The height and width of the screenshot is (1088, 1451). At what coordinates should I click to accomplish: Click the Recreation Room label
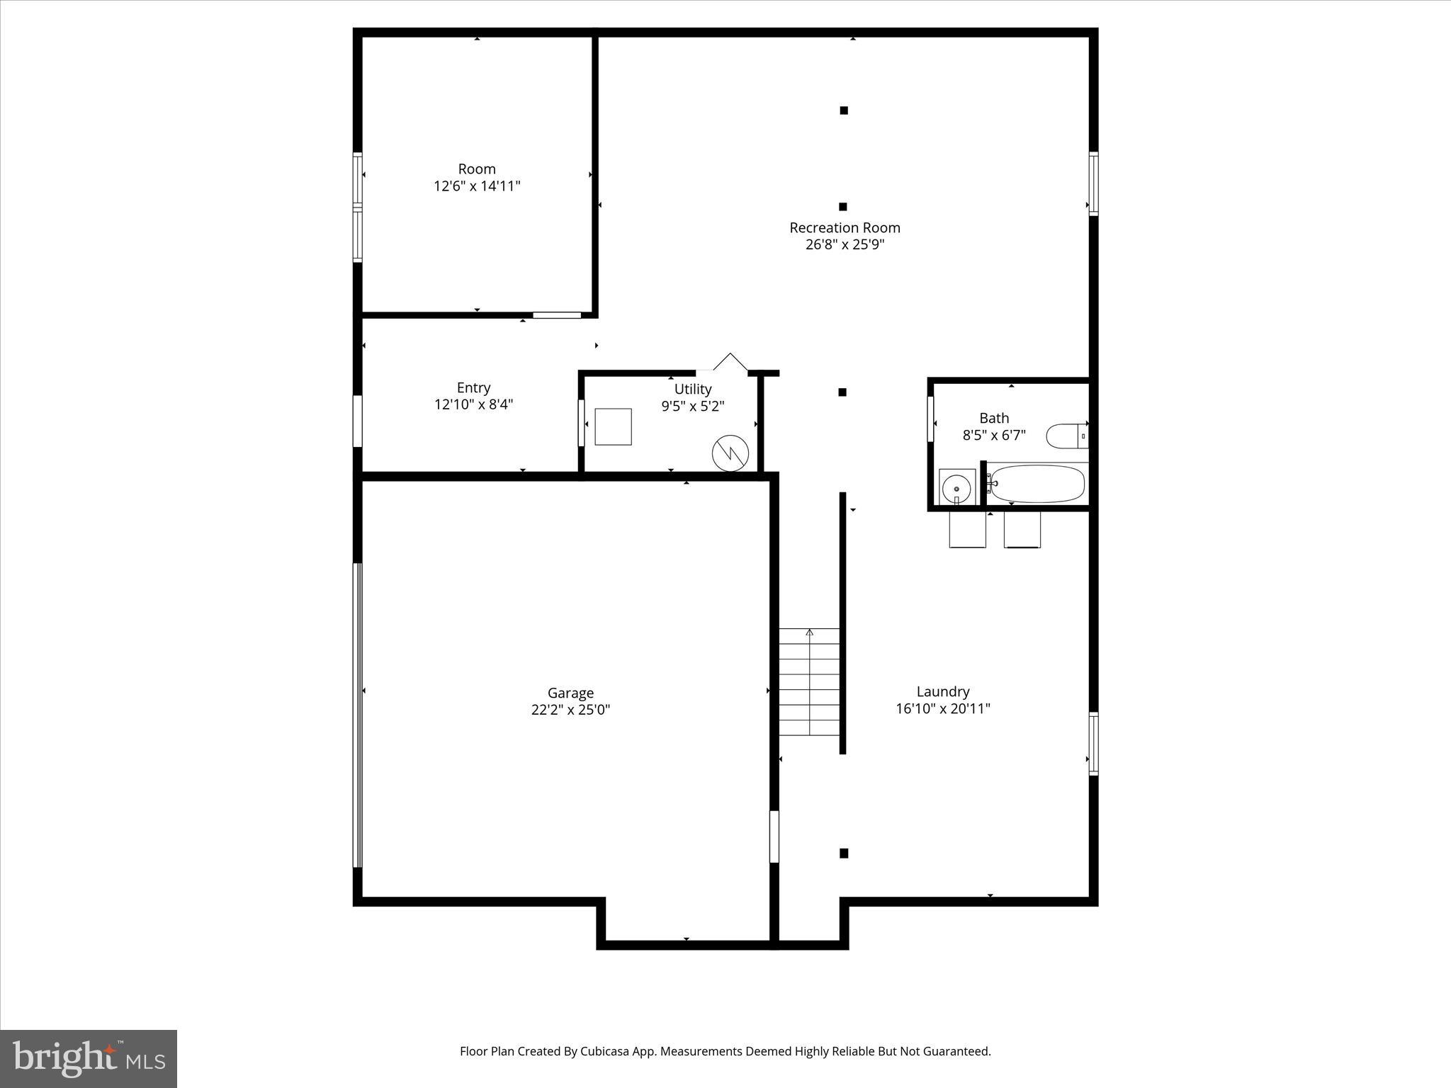click(x=845, y=227)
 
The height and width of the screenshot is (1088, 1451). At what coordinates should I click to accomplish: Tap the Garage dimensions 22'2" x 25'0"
click(x=570, y=710)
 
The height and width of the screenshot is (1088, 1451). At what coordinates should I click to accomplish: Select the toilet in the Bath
click(x=1066, y=436)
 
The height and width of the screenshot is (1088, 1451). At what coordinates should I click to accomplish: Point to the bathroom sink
click(x=956, y=487)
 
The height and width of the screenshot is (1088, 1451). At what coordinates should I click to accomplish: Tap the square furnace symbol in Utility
click(x=613, y=426)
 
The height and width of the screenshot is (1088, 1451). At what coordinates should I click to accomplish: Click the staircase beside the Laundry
click(x=809, y=681)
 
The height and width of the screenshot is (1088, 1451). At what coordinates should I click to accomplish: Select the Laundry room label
click(x=942, y=691)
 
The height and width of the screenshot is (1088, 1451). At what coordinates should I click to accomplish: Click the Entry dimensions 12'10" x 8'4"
click(x=473, y=404)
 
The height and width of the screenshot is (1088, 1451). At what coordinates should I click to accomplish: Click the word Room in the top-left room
click(x=477, y=169)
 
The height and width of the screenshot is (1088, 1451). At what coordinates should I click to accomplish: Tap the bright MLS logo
click(x=89, y=1058)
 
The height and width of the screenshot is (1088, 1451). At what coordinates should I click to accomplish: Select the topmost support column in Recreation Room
click(x=844, y=110)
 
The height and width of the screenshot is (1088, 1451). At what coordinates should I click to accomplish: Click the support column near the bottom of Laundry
click(x=844, y=854)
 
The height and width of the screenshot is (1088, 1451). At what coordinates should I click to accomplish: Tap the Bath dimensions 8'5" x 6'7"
click(x=994, y=436)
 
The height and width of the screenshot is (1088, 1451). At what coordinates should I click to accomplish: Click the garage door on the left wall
click(x=358, y=715)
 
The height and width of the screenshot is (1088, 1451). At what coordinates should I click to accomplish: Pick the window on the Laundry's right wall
click(x=1093, y=743)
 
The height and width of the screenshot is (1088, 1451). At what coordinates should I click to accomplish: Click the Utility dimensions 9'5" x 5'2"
click(x=693, y=407)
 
